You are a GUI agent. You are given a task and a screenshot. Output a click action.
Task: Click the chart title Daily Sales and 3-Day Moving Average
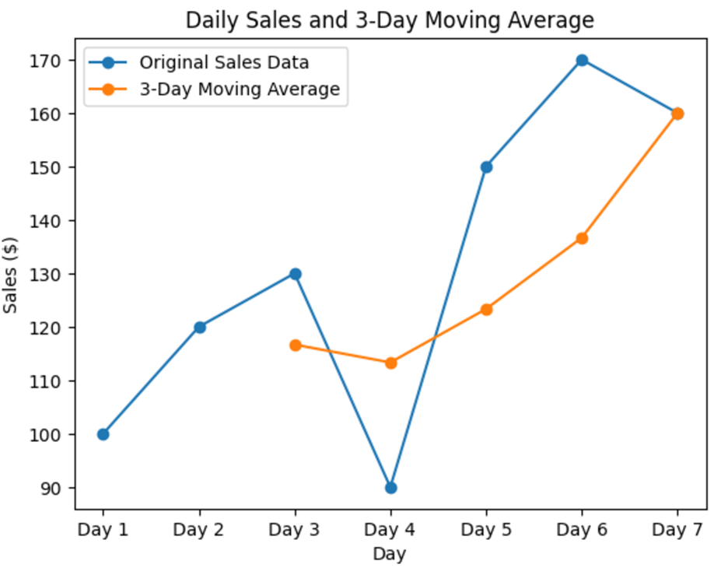pyautogui.click(x=390, y=20)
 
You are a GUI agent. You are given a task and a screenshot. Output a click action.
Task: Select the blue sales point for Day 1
pyautogui.click(x=103, y=434)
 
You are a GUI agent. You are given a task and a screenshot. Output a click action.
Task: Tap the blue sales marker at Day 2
pyautogui.click(x=199, y=327)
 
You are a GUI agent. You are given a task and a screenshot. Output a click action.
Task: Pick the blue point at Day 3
pyautogui.click(x=295, y=274)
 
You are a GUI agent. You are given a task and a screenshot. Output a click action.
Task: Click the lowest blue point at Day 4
pyautogui.click(x=390, y=488)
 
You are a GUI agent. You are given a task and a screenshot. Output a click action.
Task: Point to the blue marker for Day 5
pyautogui.click(x=486, y=167)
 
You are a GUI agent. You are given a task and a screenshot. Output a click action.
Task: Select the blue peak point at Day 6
pyautogui.click(x=582, y=60)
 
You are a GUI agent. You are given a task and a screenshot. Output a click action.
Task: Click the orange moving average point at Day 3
pyautogui.click(x=295, y=345)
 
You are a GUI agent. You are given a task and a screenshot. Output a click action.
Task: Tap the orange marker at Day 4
pyautogui.click(x=390, y=363)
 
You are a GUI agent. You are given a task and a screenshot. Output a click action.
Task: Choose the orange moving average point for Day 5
pyautogui.click(x=486, y=309)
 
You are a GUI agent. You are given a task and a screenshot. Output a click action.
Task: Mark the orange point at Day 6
pyautogui.click(x=582, y=238)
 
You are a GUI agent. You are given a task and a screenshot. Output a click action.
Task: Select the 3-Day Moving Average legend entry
pyautogui.click(x=239, y=89)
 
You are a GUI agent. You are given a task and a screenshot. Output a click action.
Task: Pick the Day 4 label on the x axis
pyautogui.click(x=390, y=530)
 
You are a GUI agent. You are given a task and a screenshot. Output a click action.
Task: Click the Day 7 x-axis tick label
pyautogui.click(x=677, y=530)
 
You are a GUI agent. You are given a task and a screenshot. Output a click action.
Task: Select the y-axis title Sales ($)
pyautogui.click(x=11, y=274)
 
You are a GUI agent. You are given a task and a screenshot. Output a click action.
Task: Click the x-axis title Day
pyautogui.click(x=389, y=554)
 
